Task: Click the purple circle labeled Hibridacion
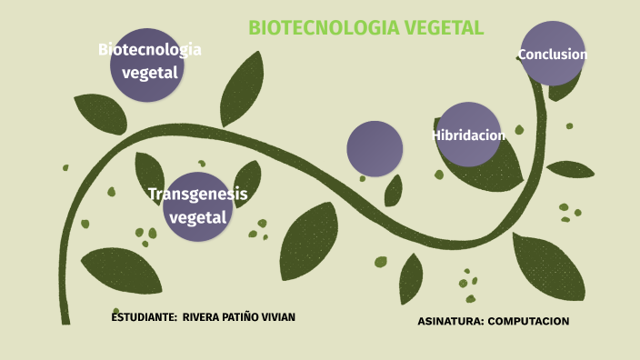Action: [x=468, y=135]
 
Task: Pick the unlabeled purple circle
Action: [x=375, y=148]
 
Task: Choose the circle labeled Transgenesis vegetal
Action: [x=197, y=206]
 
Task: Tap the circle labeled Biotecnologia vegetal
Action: [x=148, y=62]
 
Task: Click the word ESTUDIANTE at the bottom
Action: [x=144, y=317]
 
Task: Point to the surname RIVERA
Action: [x=202, y=317]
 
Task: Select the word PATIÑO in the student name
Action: [x=244, y=317]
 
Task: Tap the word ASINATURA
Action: [x=450, y=322]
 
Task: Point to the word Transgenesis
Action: [x=197, y=194]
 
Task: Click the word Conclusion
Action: [x=553, y=55]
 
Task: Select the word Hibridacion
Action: [x=468, y=135]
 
